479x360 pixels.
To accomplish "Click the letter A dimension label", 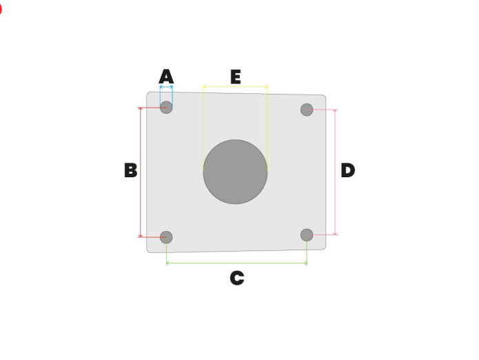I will [166, 75].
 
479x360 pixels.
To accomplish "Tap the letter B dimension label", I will [130, 170].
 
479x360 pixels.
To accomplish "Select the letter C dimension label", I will [236, 278].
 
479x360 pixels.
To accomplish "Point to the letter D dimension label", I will [347, 170].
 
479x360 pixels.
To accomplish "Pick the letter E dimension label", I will [235, 77].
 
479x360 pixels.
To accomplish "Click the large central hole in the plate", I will [235, 172].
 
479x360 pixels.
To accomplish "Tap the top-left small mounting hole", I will [166, 108].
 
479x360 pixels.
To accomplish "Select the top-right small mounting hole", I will [307, 110].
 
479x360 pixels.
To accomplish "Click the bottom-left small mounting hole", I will [166, 237].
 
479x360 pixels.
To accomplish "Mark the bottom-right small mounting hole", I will [307, 234].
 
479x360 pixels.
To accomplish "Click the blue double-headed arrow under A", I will [166, 87].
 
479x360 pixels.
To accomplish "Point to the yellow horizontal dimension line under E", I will [235, 87].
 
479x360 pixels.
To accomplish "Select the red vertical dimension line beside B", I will [141, 172].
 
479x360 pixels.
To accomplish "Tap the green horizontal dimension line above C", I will [236, 263].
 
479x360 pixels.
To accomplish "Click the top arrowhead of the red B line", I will [141, 110].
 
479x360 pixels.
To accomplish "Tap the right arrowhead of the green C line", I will [305, 263].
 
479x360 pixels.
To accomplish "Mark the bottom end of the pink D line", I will [335, 233].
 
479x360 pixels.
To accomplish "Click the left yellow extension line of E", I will [203, 124].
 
